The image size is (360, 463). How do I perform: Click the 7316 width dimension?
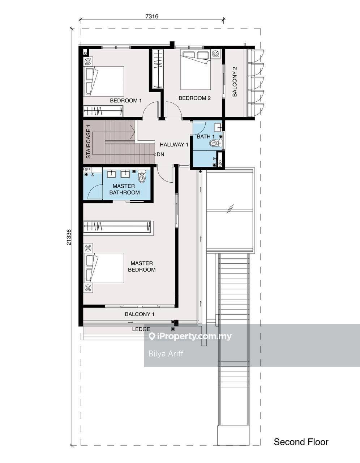pyautogui.click(x=152, y=16)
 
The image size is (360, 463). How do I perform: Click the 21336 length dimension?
pyautogui.click(x=69, y=237)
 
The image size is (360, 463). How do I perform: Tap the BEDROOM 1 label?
pyautogui.click(x=126, y=101)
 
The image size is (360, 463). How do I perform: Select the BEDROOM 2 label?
pyautogui.click(x=194, y=98)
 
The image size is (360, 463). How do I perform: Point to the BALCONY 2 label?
pyautogui.click(x=235, y=82)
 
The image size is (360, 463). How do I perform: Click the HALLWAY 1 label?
pyautogui.click(x=174, y=145)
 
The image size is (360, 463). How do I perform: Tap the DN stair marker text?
pyautogui.click(x=160, y=154)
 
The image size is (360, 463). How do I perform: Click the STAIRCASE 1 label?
pyautogui.click(x=88, y=141)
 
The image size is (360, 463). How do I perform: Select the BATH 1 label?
pyautogui.click(x=205, y=136)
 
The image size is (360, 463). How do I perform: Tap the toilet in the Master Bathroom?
pyautogui.click(x=141, y=176)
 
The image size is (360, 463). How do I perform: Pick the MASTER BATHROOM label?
pyautogui.click(x=125, y=189)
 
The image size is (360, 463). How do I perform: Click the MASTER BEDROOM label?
pyautogui.click(x=142, y=266)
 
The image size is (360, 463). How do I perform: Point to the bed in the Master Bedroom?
pyautogui.click(x=104, y=268)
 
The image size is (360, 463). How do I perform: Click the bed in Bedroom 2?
pyautogui.click(x=196, y=70)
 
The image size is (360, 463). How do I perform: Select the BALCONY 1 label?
pyautogui.click(x=140, y=314)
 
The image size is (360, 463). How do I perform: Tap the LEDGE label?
pyautogui.click(x=141, y=329)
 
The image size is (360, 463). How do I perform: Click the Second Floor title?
pyautogui.click(x=301, y=442)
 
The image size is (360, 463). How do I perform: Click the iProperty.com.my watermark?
pyautogui.click(x=190, y=336)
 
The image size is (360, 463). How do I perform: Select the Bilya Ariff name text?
pyautogui.click(x=166, y=354)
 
